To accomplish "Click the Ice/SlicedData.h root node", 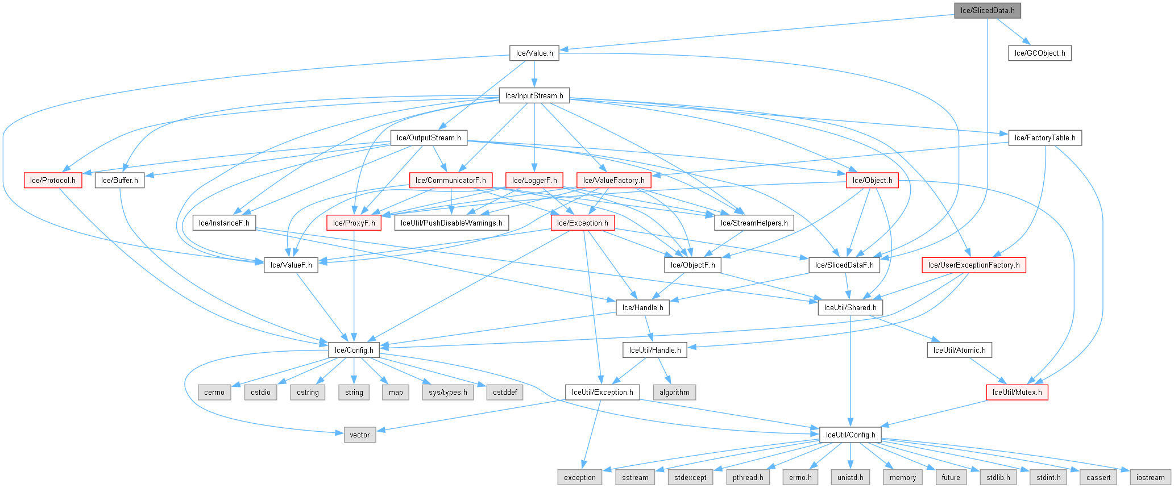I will pos(988,11).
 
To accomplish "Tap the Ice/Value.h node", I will pos(534,53).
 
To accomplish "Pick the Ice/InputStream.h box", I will pos(534,95).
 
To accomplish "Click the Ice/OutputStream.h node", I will pos(429,138).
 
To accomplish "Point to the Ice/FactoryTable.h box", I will pos(1044,138).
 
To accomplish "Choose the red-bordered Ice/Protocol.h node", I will pos(52,181).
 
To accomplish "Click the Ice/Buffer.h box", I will pos(119,181).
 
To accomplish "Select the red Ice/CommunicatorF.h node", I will pos(451,181).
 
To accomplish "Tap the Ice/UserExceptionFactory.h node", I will pos(973,265).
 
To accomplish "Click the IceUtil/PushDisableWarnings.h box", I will pos(451,223).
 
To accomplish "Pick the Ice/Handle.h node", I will pos(642,308).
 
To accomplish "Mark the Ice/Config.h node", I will pos(354,350).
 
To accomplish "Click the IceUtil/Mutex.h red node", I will pos(1017,393).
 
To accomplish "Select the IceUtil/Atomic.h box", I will pos(959,350).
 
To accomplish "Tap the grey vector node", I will pos(359,435).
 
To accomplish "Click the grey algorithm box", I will pos(674,393).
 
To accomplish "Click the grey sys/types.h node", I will pos(448,393).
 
